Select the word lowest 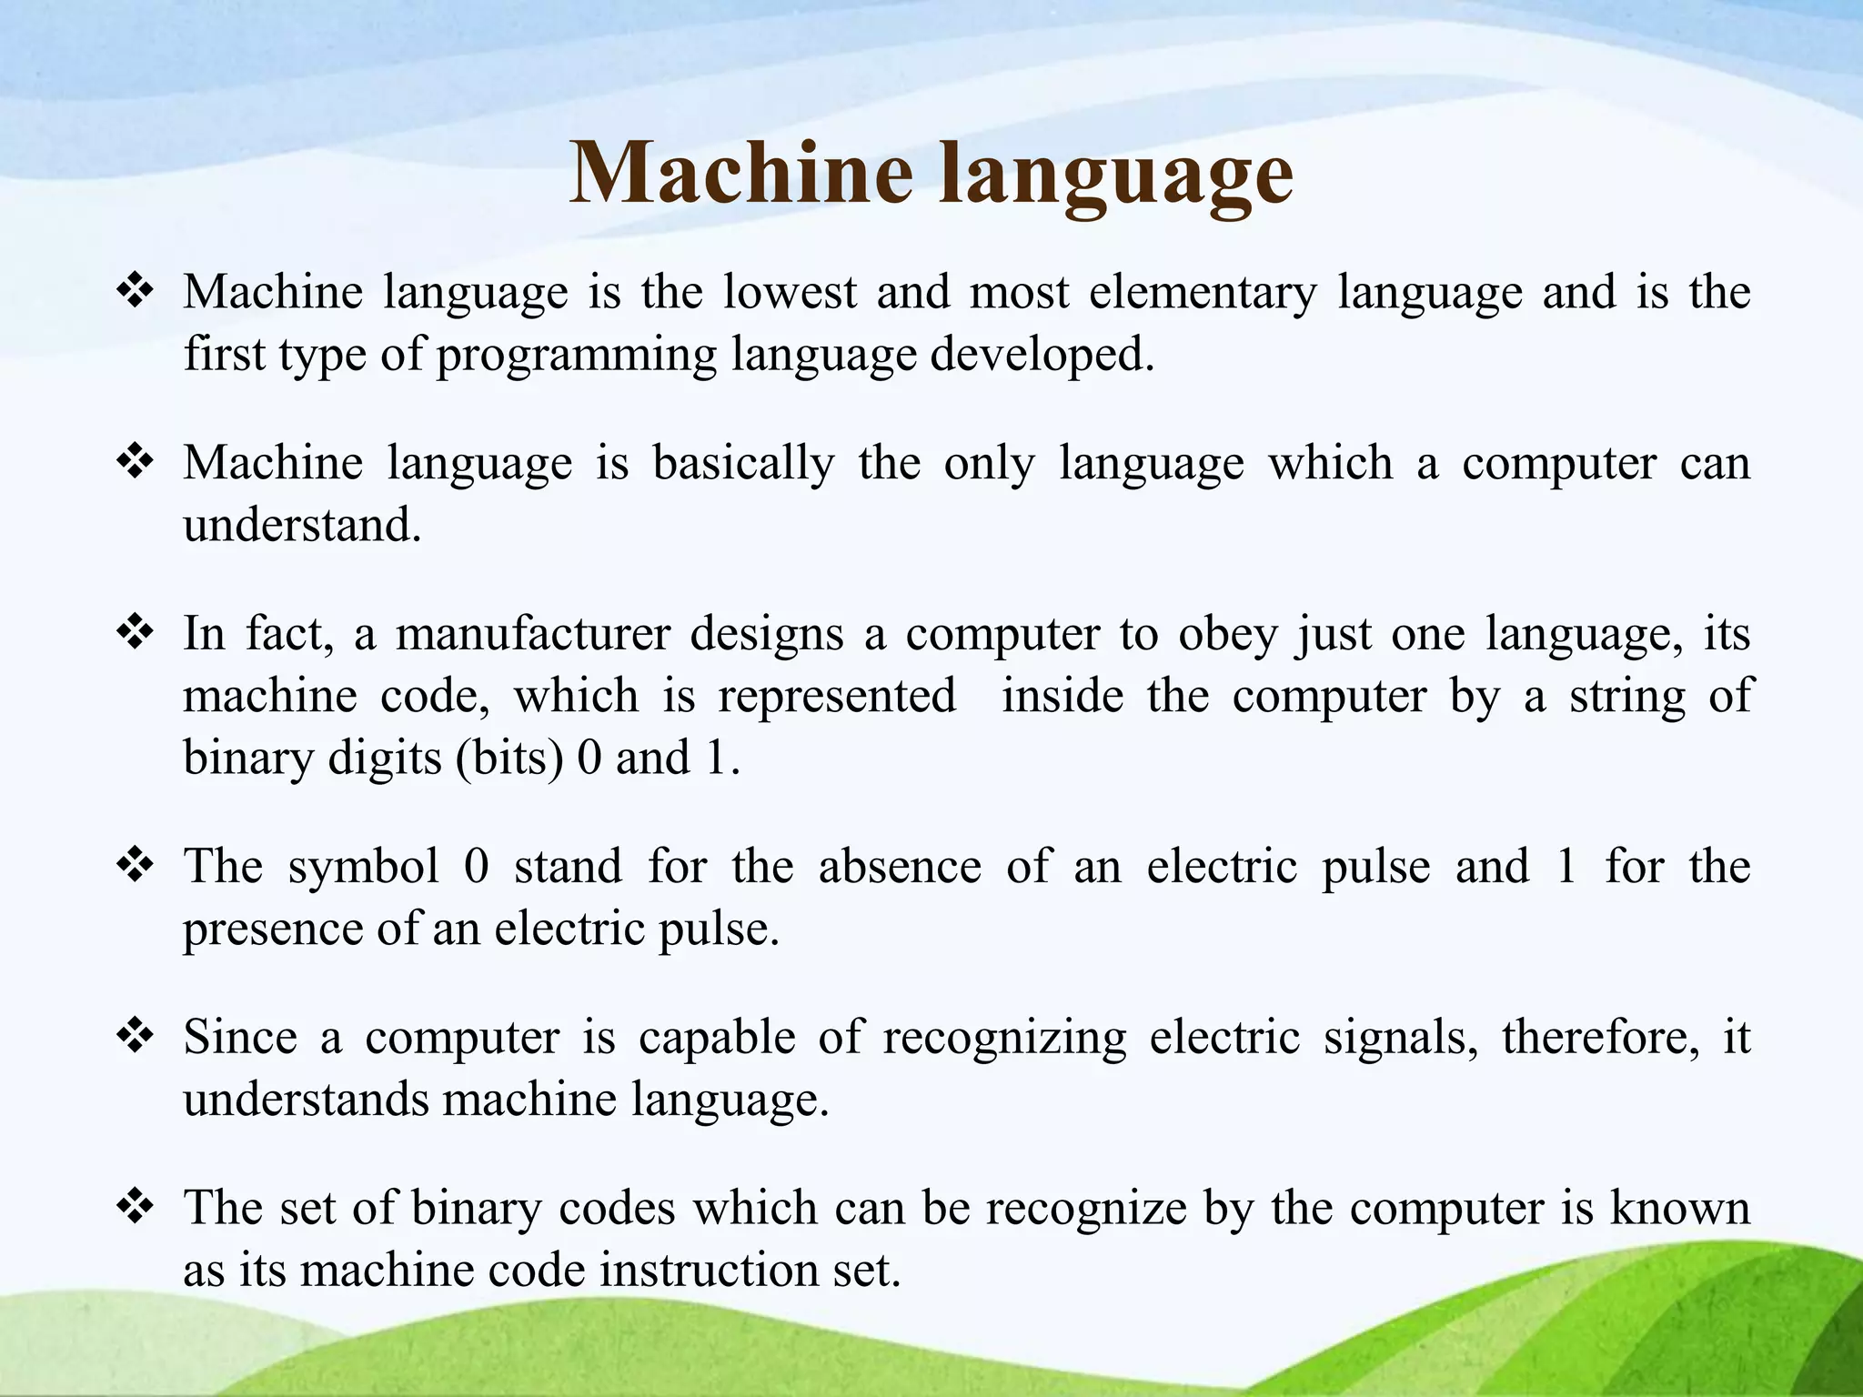[790, 293]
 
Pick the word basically [743, 464]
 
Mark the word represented [837, 697]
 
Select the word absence [900, 866]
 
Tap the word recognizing [1004, 1039]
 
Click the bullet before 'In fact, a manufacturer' [135, 632]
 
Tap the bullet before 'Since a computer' [135, 1036]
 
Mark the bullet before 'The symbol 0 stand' [135, 865]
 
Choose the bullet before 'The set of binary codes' [135, 1207]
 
